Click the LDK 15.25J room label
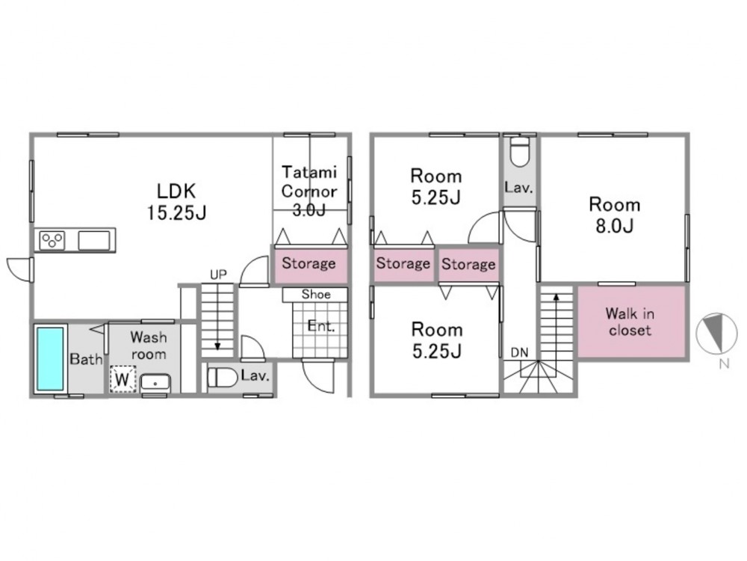tap(176, 202)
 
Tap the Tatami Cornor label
tap(309, 181)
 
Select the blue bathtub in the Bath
tap(50, 359)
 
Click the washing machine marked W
tap(123, 380)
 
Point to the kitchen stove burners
tap(52, 240)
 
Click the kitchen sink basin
tap(94, 240)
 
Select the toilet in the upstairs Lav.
tap(519, 151)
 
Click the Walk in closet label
tap(630, 322)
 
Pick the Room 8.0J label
tap(615, 215)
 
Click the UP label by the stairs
tap(218, 275)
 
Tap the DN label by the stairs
tap(519, 352)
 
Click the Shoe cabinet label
tap(316, 294)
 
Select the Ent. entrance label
tap(321, 326)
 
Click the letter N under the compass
tap(724, 364)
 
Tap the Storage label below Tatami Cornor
tap(309, 263)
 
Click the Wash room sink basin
tap(156, 383)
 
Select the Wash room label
tap(149, 346)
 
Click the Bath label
tap(86, 359)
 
